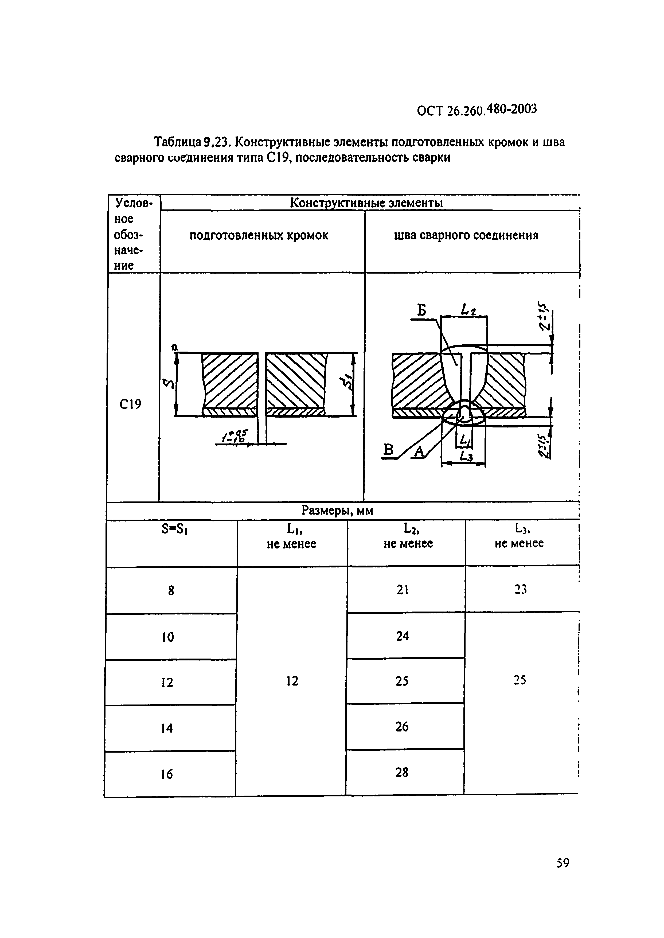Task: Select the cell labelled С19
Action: point(130,404)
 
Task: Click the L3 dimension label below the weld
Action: point(466,456)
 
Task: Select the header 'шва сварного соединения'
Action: point(466,236)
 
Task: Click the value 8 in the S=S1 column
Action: point(171,590)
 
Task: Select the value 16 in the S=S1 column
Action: point(166,774)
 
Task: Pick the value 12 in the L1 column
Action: point(292,681)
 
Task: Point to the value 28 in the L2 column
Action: point(402,772)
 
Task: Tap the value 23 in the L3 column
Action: point(520,589)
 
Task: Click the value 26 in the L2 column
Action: point(402,727)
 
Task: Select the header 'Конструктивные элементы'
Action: point(366,203)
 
